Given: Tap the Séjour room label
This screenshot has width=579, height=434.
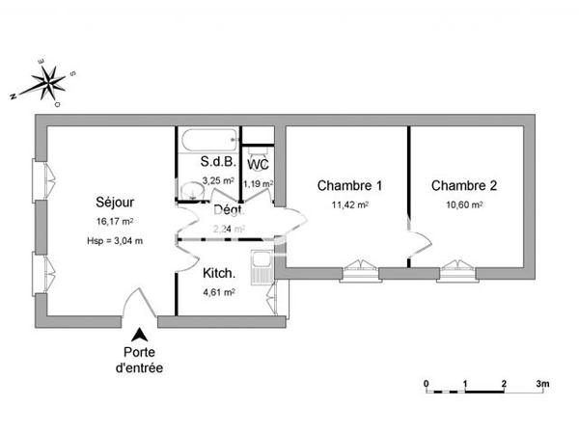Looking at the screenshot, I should coord(115,203).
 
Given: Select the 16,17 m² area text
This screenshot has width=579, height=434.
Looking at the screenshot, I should coord(114,222).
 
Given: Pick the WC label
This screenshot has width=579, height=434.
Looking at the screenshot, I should coord(258,165).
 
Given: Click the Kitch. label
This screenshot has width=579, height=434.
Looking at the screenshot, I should coord(217,273).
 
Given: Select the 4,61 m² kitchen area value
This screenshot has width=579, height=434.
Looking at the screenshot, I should coord(217,292).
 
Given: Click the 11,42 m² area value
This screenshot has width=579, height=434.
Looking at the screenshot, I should coord(349,204).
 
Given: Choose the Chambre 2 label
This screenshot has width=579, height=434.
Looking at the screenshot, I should coord(464,185).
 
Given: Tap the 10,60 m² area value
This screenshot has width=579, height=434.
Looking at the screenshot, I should coord(464,204).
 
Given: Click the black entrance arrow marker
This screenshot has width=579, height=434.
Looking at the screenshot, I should coord(140,335).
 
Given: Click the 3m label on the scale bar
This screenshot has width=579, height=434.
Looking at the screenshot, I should coord(543,383).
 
